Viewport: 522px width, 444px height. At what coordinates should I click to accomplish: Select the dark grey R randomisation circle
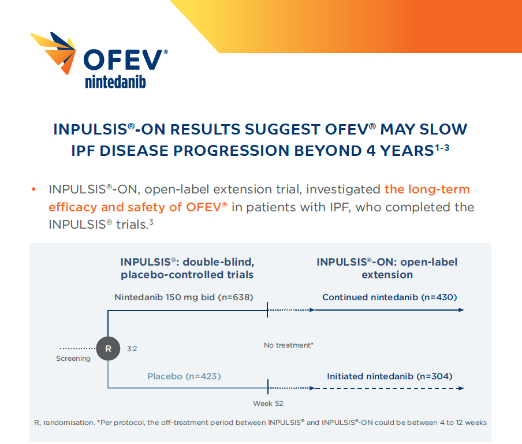[x=108, y=348]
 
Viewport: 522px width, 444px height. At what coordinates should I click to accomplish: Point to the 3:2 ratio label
[x=132, y=349]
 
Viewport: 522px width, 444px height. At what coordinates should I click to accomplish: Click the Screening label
[x=73, y=359]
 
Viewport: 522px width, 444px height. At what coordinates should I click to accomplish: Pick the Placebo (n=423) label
[x=184, y=376]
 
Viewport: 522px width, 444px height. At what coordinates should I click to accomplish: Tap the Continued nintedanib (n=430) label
[x=389, y=297]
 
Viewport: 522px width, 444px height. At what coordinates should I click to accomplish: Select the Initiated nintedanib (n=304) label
[x=389, y=376]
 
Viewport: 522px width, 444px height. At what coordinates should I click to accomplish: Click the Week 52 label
[x=268, y=403]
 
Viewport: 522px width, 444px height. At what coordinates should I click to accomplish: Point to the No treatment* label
[x=288, y=345]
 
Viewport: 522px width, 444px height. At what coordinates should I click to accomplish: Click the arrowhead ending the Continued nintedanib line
[x=461, y=310]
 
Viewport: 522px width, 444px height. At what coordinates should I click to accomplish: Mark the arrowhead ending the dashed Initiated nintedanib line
[x=461, y=389]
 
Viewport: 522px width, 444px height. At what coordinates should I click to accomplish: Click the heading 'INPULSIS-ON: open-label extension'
[x=387, y=268]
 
